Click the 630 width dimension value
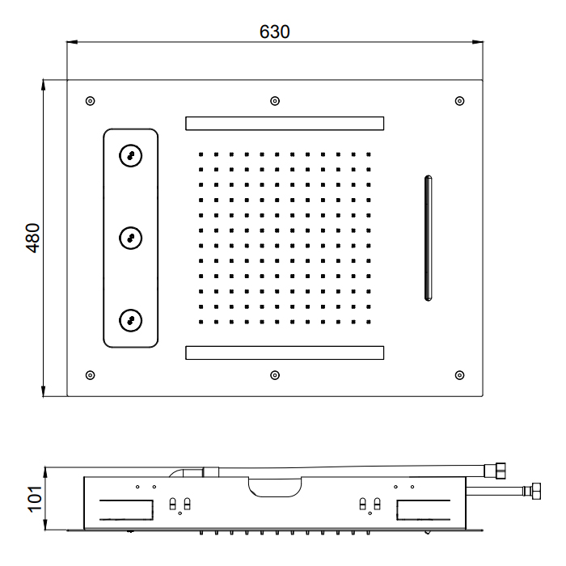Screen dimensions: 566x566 (x=274, y=32)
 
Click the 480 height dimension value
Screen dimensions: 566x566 (x=33, y=239)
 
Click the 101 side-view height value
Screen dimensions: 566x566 (x=35, y=499)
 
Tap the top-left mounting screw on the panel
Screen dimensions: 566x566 (x=91, y=101)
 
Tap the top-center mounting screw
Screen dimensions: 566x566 (x=275, y=101)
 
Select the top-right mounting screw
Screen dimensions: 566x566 (x=459, y=101)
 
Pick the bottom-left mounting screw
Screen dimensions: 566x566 (x=91, y=375)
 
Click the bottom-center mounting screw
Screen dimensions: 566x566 (x=275, y=375)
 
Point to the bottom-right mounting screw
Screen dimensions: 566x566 (x=459, y=375)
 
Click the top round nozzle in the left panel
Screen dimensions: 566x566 (x=131, y=155)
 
